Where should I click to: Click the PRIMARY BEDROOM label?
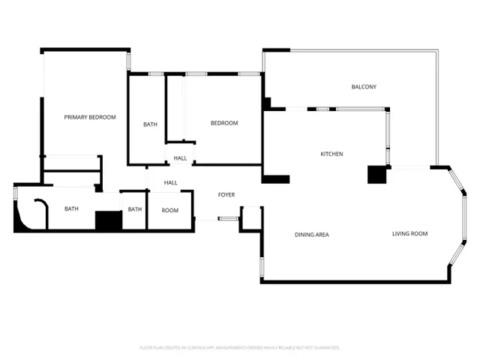(x=90, y=117)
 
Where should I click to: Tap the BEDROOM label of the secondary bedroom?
(x=223, y=123)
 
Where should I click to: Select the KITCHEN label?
(x=331, y=154)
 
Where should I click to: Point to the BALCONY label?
(x=364, y=87)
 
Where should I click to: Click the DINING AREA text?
(x=311, y=235)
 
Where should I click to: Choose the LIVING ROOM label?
(x=409, y=234)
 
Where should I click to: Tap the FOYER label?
(x=226, y=195)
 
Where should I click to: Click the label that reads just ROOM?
(x=170, y=210)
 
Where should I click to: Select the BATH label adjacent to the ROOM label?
(x=135, y=209)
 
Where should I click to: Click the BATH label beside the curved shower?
(x=71, y=209)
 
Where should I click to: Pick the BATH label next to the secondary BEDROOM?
(x=150, y=124)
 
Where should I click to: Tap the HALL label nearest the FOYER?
(x=171, y=182)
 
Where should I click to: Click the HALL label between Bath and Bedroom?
(x=180, y=158)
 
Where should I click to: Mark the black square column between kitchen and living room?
(x=376, y=174)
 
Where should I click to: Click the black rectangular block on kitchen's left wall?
(x=276, y=179)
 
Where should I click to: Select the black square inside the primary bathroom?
(x=108, y=220)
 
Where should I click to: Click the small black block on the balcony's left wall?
(x=266, y=103)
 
